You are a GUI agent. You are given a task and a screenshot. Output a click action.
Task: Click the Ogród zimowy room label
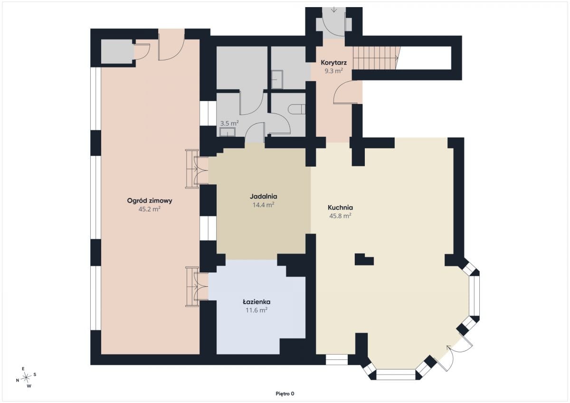coord(150,201)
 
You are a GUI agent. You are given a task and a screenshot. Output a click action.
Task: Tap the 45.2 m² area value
coord(149,209)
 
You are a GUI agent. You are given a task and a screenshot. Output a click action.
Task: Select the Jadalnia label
coord(263,197)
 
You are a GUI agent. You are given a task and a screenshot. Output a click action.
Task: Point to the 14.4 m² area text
coord(263,205)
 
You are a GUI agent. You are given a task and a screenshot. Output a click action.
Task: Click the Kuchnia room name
coord(340,207)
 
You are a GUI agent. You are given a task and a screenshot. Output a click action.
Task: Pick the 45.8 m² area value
coord(341,216)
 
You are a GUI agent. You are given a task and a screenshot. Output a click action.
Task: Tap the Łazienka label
coord(256,302)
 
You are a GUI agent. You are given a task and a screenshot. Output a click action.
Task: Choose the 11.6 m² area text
coord(256,310)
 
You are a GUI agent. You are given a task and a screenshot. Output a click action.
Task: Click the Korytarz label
coord(333,62)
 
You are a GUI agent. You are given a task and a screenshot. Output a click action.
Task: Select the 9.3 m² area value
coord(333,71)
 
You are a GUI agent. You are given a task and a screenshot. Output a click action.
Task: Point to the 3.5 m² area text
coord(229,123)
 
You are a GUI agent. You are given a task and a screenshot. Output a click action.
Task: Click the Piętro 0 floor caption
coord(285,394)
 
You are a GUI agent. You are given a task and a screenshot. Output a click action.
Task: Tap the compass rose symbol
coord(26,377)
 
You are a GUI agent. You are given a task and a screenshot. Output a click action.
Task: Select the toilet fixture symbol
coord(296,109)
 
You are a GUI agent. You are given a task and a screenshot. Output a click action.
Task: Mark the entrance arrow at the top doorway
coord(334,9)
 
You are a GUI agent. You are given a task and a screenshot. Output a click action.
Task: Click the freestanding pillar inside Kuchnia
coord(364,259)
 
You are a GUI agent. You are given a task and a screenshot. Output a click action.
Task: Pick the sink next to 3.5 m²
coord(228,132)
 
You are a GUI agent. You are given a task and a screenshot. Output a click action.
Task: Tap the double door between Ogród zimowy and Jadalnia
coord(197,169)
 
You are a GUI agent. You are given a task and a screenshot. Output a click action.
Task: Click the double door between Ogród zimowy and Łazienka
coord(197,286)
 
